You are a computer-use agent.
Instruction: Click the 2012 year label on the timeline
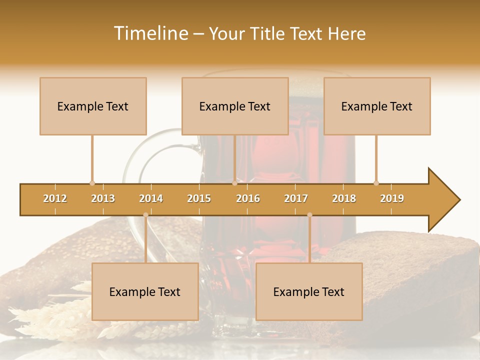tap(55, 198)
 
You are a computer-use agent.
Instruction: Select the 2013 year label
tap(103, 198)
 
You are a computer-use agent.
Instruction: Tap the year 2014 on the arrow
tap(151, 198)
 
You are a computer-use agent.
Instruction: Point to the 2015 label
tap(199, 198)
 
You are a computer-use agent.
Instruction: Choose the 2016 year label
tap(248, 198)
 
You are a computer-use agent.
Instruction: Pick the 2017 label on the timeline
tap(296, 198)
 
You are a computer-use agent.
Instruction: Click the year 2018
tap(344, 198)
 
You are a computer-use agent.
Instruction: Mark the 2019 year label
tap(392, 198)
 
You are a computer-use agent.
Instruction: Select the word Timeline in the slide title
tap(150, 33)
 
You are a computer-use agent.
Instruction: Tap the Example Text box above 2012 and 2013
tap(93, 106)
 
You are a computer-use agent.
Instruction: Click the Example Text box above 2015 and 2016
tap(235, 106)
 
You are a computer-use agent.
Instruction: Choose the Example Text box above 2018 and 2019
tap(377, 106)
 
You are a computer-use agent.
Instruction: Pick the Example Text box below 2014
tap(145, 291)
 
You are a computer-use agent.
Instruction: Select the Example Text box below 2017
tap(309, 291)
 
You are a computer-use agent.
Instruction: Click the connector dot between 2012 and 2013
tap(92, 183)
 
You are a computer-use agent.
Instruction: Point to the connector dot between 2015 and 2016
tap(234, 183)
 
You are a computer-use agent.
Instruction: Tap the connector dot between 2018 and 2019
tap(376, 183)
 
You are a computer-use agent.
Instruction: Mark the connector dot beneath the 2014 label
tap(145, 215)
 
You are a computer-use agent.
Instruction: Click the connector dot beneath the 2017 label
tap(309, 215)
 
